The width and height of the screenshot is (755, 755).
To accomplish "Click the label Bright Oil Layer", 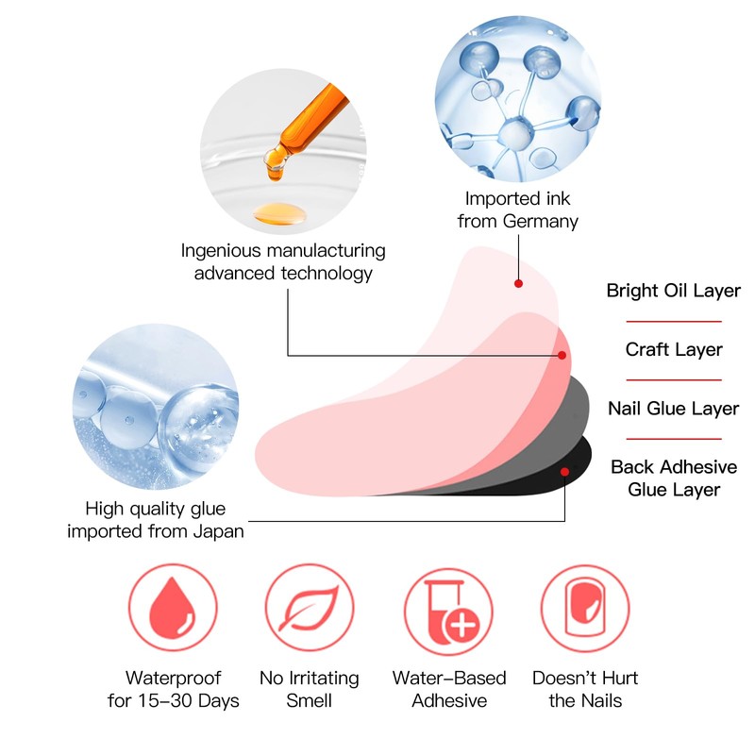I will pyautogui.click(x=673, y=291).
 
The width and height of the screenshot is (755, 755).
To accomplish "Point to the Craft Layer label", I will pyautogui.click(x=673, y=349).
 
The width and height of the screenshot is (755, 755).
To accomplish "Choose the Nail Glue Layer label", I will pyautogui.click(x=673, y=409).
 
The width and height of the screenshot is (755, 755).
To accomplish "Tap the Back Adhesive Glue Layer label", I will pyautogui.click(x=673, y=478).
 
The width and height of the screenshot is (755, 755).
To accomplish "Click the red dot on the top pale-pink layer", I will pyautogui.click(x=518, y=282).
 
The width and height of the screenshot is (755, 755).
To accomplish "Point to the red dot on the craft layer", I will pyautogui.click(x=562, y=355).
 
